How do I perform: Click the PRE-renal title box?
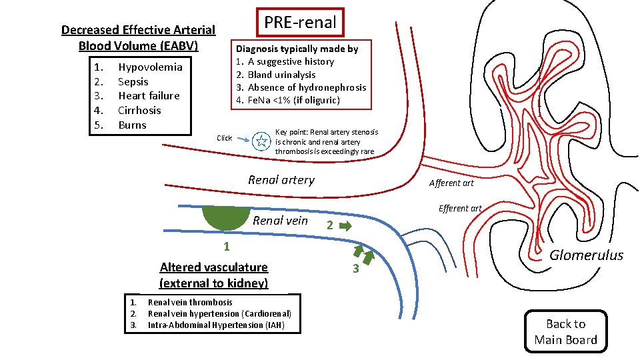[x=300, y=22]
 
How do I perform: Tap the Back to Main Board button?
[x=565, y=332]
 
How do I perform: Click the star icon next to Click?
[x=262, y=141]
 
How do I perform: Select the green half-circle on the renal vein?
[x=227, y=218]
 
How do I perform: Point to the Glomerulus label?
[x=586, y=255]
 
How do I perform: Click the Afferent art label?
[x=451, y=183]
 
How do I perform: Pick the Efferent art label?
[x=460, y=208]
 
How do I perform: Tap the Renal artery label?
[x=281, y=179]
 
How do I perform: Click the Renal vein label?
[x=281, y=221]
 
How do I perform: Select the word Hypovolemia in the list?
[x=150, y=67]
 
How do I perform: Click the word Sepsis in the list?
[x=133, y=81]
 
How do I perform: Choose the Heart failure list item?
[x=149, y=96]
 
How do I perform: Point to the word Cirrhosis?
[x=139, y=111]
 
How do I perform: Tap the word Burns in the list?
[x=132, y=125]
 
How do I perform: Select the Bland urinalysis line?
[x=281, y=75]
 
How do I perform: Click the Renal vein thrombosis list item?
[x=190, y=302]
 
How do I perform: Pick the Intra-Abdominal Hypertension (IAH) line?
[x=216, y=325]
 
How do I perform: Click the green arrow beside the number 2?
[x=345, y=226]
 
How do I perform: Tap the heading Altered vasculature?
[x=213, y=267]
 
